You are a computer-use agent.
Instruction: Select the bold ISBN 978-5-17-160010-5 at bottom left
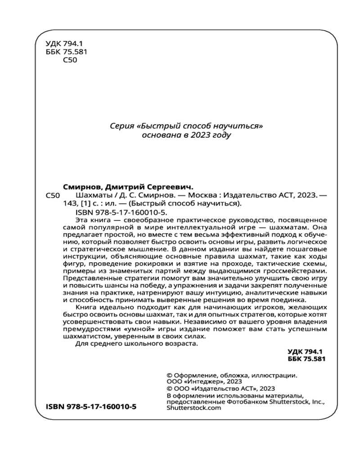[92, 406]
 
